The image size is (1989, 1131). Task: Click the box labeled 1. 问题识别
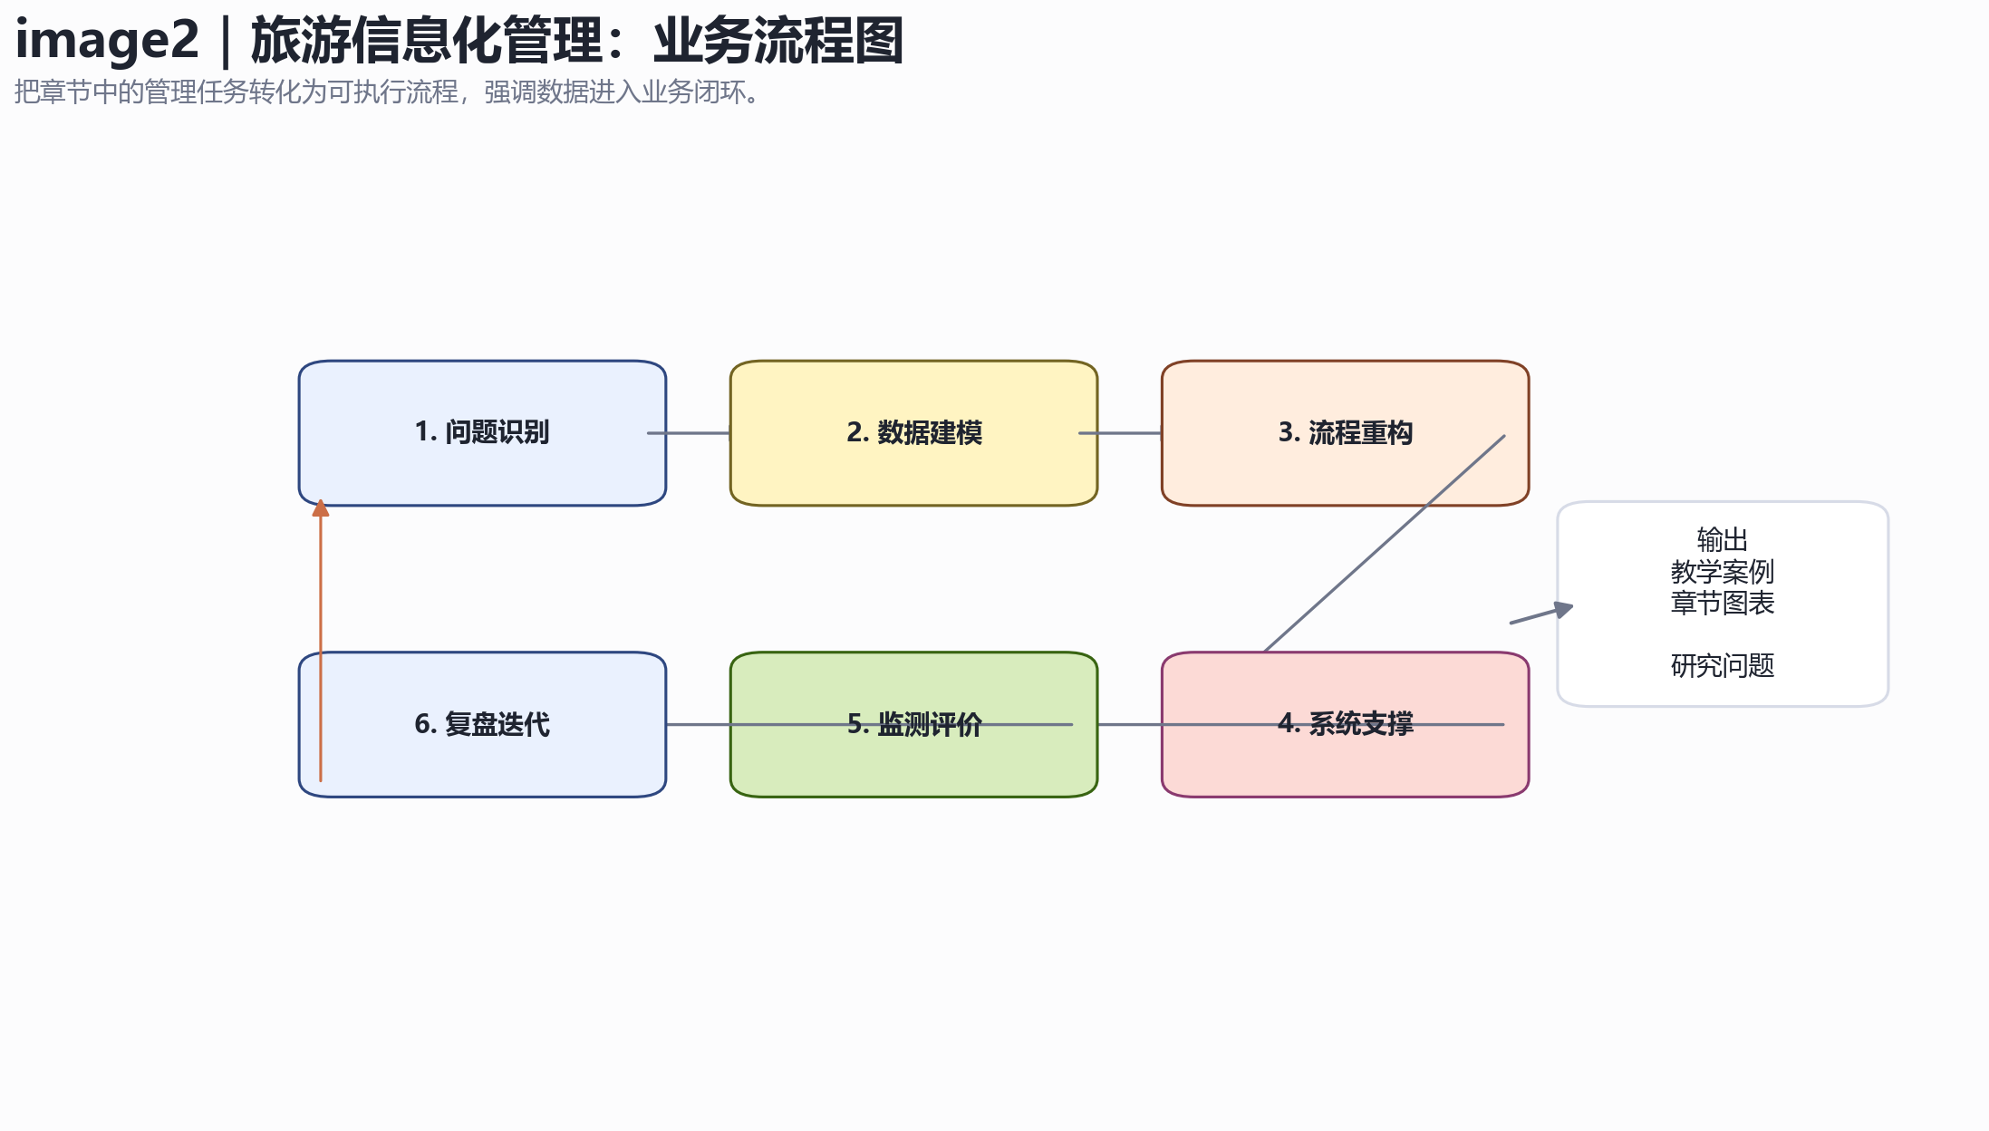tap(482, 433)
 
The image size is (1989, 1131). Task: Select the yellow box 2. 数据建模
tap(913, 433)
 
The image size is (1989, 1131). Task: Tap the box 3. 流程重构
tap(1345, 433)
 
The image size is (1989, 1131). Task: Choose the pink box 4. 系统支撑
tap(1345, 724)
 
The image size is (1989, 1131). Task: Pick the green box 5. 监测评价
tap(913, 724)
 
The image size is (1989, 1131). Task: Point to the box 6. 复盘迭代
tap(482, 724)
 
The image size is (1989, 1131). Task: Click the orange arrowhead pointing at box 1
tap(320, 507)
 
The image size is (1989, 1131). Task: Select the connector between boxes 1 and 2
tap(689, 433)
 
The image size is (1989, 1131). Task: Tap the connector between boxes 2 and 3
tap(1120, 433)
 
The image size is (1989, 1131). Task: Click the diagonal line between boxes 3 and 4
tap(1385, 543)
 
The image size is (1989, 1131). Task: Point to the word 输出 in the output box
tap(1722, 540)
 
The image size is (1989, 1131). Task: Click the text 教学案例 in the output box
tap(1722, 572)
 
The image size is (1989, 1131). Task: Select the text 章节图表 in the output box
tap(1722, 603)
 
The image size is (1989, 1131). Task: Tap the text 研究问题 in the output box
tap(1722, 666)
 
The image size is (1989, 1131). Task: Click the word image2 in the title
tap(107, 42)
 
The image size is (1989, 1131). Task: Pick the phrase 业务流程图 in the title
tap(778, 42)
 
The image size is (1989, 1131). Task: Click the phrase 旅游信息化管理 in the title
tap(427, 42)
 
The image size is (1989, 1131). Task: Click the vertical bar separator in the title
tap(225, 42)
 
